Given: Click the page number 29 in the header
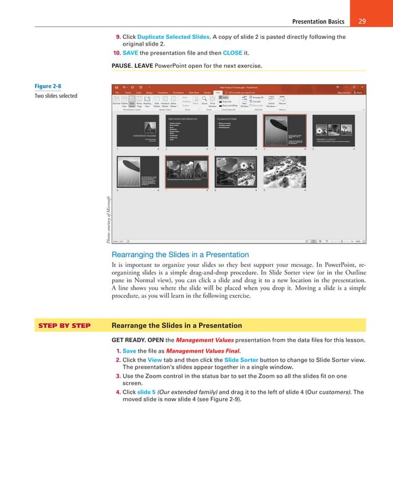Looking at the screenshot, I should (362, 22).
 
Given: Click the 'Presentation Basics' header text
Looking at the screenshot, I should (318, 22).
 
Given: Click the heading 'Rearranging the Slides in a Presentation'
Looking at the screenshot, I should (180, 255).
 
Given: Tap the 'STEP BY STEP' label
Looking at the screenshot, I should (65, 325).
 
